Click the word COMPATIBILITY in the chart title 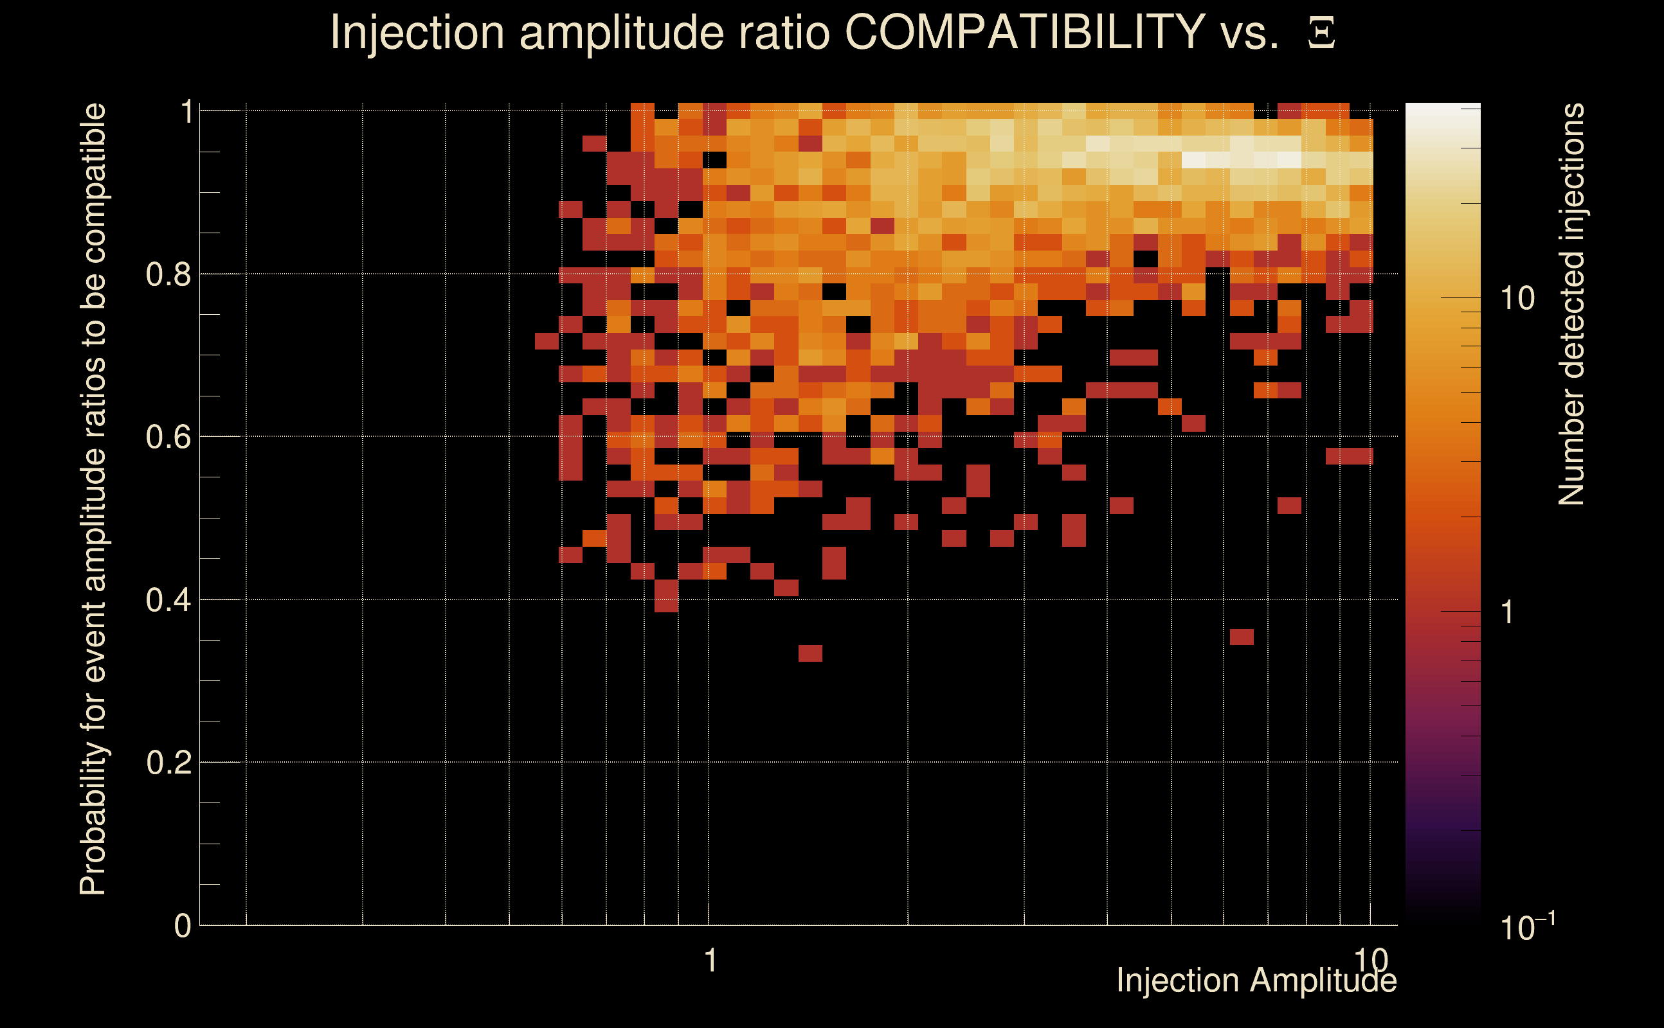click(1025, 32)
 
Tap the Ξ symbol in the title click(1321, 33)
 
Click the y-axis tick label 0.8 click(168, 275)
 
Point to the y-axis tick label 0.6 click(168, 437)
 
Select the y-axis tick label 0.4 click(168, 600)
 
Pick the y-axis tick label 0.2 click(168, 763)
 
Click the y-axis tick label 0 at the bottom click(183, 926)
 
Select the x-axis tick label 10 click(1370, 959)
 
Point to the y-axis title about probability click(93, 499)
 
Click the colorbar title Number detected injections click(1571, 304)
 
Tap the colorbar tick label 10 click(1517, 299)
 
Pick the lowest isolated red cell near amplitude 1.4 click(810, 653)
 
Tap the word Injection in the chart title click(417, 32)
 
